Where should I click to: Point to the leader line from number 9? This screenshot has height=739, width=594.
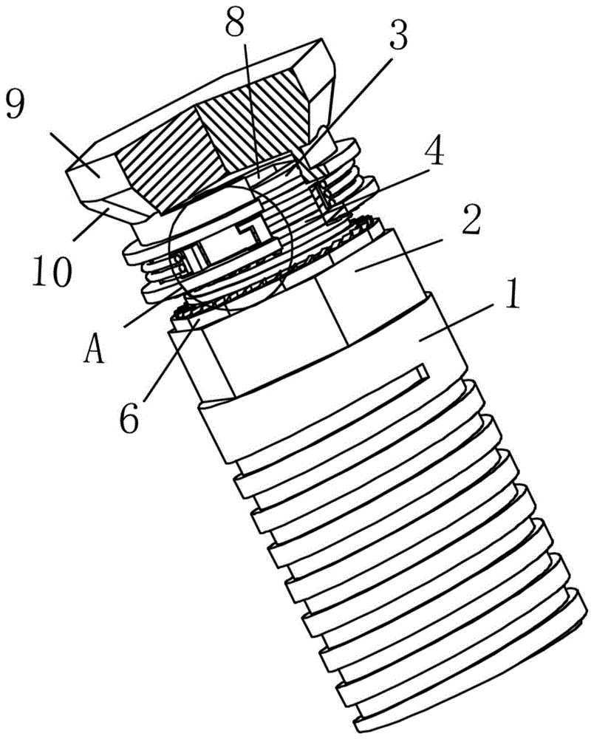click(75, 155)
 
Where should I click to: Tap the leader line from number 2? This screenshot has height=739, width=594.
click(398, 254)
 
